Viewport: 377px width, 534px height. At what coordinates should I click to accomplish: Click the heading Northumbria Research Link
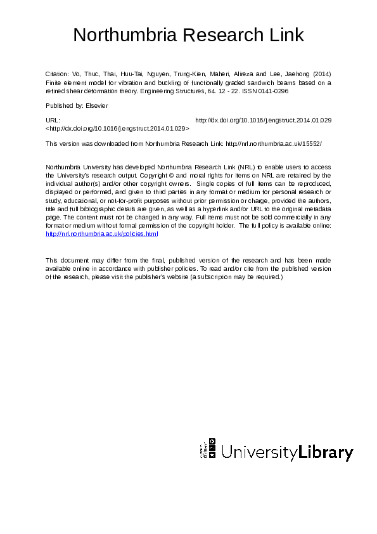pyautogui.click(x=188, y=35)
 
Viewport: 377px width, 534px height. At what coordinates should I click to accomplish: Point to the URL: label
pyautogui.click(x=53, y=120)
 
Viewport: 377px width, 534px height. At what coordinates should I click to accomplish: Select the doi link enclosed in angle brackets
pyautogui.click(x=118, y=127)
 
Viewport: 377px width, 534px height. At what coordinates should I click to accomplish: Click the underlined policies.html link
pyautogui.click(x=102, y=234)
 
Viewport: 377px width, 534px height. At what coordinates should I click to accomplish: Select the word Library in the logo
pyautogui.click(x=326, y=453)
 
